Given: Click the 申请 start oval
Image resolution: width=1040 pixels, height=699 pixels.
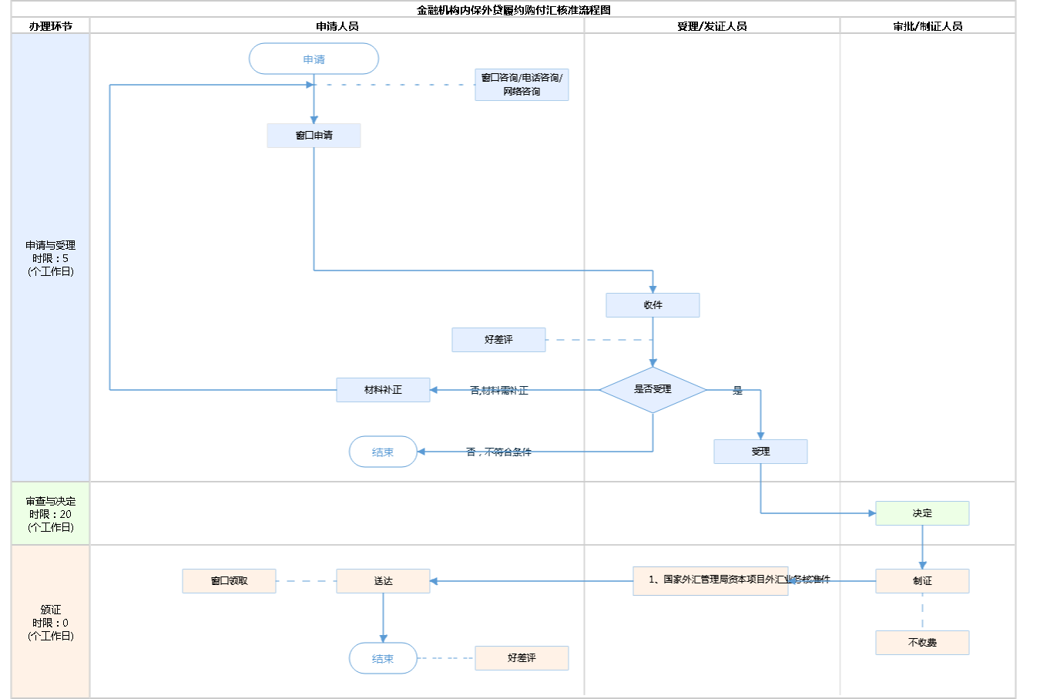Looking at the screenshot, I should pyautogui.click(x=314, y=59).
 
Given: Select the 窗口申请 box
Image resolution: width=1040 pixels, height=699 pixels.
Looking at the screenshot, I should pyautogui.click(x=314, y=136).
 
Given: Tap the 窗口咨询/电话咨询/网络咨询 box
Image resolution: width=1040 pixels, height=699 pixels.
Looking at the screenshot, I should pyautogui.click(x=522, y=85).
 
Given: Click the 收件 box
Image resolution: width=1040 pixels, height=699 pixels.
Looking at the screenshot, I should pyautogui.click(x=653, y=305).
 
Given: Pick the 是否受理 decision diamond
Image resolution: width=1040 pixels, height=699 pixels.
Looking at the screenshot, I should pyautogui.click(x=653, y=390).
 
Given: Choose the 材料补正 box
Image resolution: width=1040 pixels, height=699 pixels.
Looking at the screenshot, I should pyautogui.click(x=383, y=390).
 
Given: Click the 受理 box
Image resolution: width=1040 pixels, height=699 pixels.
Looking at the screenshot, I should pyautogui.click(x=760, y=452).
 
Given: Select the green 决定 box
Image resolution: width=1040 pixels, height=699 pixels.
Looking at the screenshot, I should pyautogui.click(x=922, y=513).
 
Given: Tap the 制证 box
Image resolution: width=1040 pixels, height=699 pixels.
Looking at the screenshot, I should pyautogui.click(x=922, y=581).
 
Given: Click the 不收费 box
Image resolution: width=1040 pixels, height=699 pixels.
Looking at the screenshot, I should pyautogui.click(x=922, y=643).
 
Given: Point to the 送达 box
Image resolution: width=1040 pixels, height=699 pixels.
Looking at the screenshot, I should pyautogui.click(x=383, y=581).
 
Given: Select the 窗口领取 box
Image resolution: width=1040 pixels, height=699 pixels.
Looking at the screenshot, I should pyautogui.click(x=229, y=581).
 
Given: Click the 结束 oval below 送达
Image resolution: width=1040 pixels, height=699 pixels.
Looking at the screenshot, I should pyautogui.click(x=383, y=658).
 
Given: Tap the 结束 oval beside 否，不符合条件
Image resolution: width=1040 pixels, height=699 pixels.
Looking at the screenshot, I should pyautogui.click(x=383, y=452).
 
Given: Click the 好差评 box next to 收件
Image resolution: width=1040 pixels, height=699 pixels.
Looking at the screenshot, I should pyautogui.click(x=498, y=340).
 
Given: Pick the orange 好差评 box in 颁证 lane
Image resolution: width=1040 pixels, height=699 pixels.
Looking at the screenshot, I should pyautogui.click(x=522, y=658).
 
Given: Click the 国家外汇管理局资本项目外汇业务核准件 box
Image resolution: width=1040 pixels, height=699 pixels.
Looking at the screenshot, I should pyautogui.click(x=710, y=580).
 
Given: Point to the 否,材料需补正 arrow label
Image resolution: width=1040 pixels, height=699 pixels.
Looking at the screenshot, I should pyautogui.click(x=499, y=391).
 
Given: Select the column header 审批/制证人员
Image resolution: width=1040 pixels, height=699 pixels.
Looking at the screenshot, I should pyautogui.click(x=928, y=26).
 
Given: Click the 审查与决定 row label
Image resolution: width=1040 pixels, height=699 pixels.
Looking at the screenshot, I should pyautogui.click(x=51, y=514).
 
